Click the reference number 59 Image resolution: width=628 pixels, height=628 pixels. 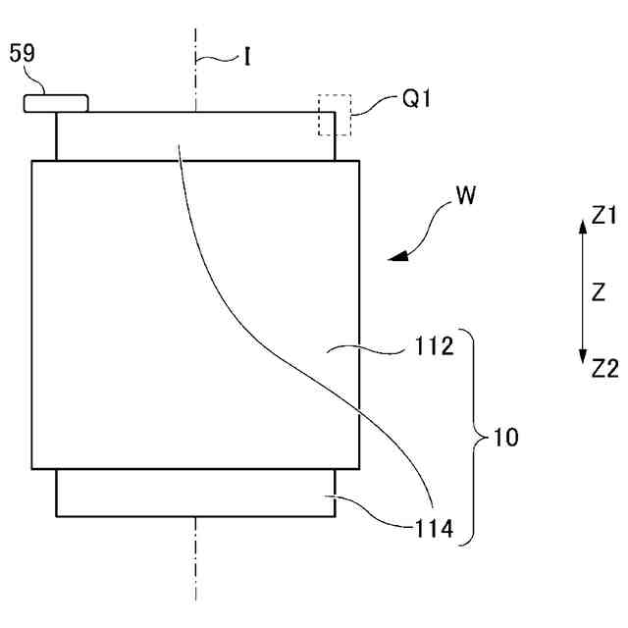click(x=23, y=55)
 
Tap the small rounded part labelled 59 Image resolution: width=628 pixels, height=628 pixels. click(x=56, y=101)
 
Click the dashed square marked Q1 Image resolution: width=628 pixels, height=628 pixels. click(x=334, y=115)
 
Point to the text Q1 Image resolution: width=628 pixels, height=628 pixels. click(x=418, y=98)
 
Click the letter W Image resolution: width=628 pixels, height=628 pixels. click(x=466, y=196)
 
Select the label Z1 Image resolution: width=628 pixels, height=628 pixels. click(x=604, y=218)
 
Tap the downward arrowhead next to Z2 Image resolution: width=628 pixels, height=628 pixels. click(x=582, y=360)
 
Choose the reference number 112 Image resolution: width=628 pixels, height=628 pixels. click(x=433, y=346)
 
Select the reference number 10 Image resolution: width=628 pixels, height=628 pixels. click(x=506, y=437)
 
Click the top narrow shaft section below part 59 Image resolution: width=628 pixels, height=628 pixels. click(x=118, y=136)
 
